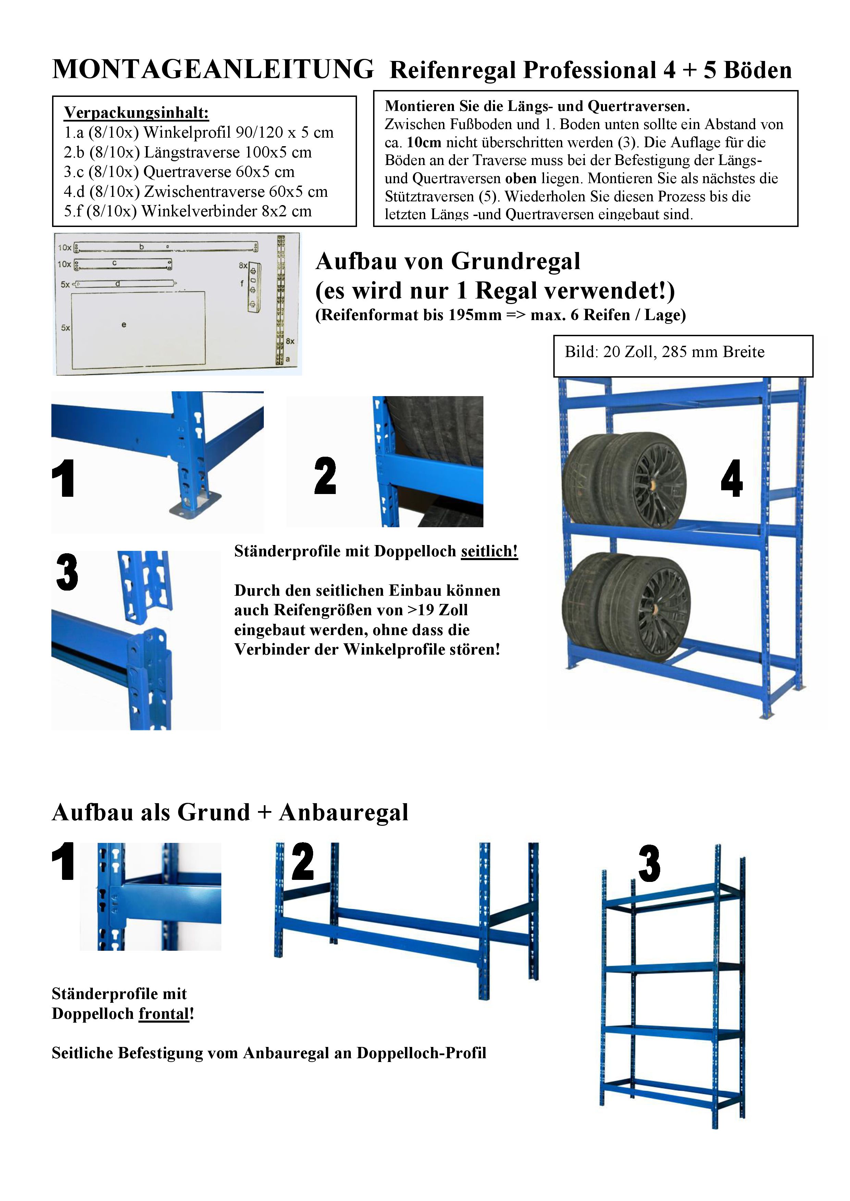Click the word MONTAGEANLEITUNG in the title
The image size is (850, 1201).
(213, 69)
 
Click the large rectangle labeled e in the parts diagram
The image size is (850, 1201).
(138, 330)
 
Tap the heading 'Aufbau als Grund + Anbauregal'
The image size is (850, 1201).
(230, 812)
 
